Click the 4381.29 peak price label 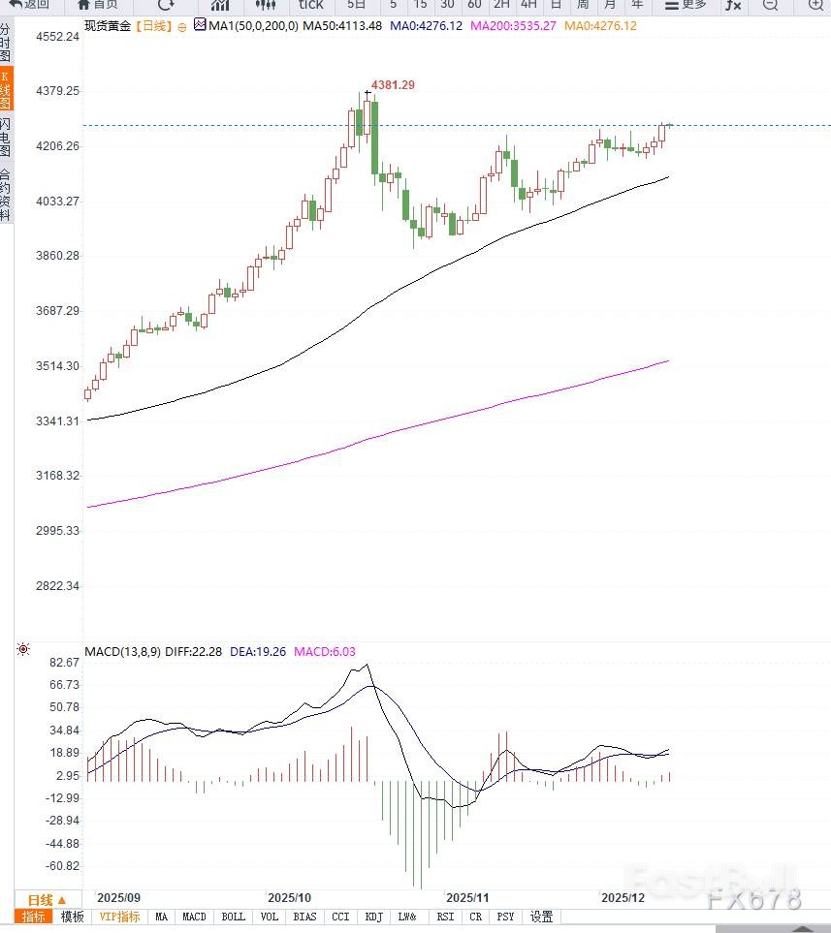(x=393, y=85)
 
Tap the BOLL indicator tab (x=233, y=917)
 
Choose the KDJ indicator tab (x=374, y=917)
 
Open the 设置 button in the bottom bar (x=541, y=917)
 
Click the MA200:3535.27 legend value (x=513, y=25)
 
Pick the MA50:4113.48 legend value (x=342, y=25)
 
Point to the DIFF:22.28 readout (x=194, y=651)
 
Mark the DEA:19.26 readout (x=258, y=651)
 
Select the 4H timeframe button (x=528, y=5)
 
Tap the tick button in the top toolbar (x=310, y=5)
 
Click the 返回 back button (x=29, y=5)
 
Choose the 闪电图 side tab (x=6, y=138)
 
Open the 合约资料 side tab (x=6, y=194)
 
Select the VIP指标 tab (x=119, y=917)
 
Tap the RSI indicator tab (x=445, y=917)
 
